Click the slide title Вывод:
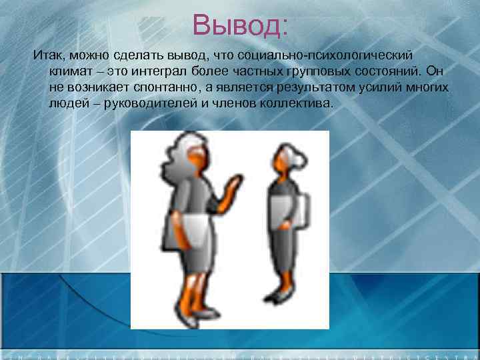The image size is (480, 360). coord(240,26)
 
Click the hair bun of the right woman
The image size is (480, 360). coord(303,161)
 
